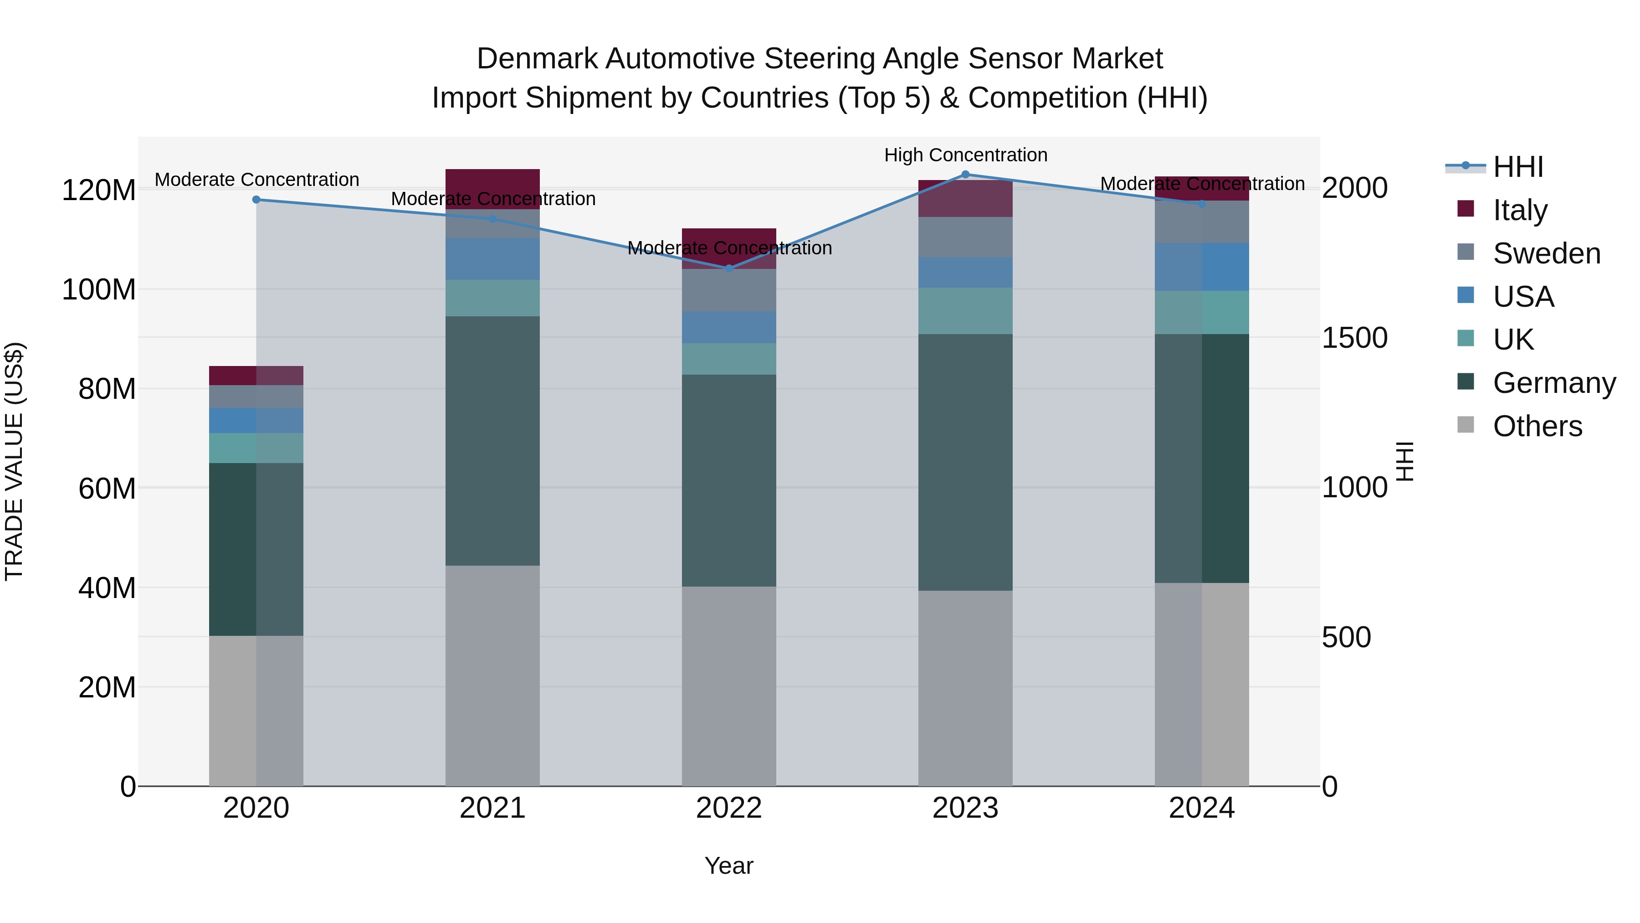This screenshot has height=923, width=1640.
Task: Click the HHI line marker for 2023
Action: point(965,175)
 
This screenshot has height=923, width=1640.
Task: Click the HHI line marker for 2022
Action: point(729,268)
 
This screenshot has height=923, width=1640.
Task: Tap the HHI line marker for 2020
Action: point(256,199)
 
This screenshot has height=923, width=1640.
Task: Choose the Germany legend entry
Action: point(1553,383)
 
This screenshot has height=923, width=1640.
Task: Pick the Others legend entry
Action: point(1537,426)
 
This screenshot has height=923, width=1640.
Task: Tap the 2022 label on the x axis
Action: point(729,808)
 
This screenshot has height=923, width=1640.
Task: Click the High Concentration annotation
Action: point(965,155)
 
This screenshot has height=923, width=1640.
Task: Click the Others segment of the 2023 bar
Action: point(965,688)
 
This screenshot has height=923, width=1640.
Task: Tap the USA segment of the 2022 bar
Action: point(729,327)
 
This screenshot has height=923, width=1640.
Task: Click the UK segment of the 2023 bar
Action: point(965,311)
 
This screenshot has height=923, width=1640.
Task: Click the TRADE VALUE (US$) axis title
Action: point(14,461)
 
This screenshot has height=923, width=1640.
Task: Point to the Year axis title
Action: point(729,866)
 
